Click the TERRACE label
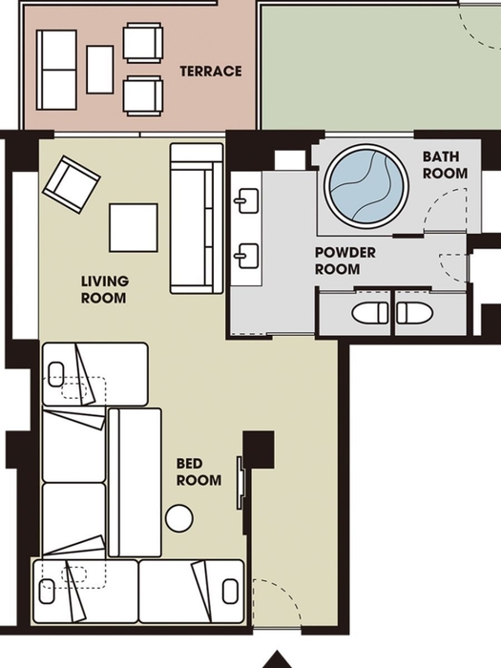(211, 72)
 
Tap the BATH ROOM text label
(445, 165)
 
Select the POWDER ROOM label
(345, 261)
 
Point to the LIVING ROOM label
(105, 289)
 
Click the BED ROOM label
(198, 472)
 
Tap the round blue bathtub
(366, 187)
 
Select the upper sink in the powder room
(246, 200)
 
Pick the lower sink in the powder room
(246, 256)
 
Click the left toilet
(370, 313)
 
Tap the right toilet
(414, 313)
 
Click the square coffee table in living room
(134, 227)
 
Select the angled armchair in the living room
(72, 184)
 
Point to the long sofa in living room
(197, 219)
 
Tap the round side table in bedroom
(179, 518)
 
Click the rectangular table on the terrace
(99, 70)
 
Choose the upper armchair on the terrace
(143, 43)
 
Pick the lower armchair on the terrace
(143, 95)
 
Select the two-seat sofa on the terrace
(56, 70)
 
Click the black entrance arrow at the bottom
(278, 659)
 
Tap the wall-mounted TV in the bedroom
(240, 483)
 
